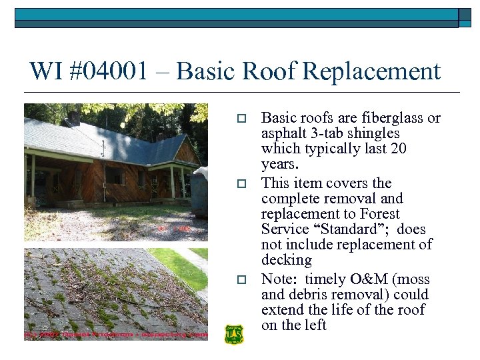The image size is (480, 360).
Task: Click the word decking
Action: [x=287, y=260]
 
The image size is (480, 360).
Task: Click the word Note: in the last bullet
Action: [x=280, y=279]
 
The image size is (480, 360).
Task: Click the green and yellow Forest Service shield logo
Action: [x=234, y=334]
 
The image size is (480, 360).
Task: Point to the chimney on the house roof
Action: [x=75, y=119]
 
